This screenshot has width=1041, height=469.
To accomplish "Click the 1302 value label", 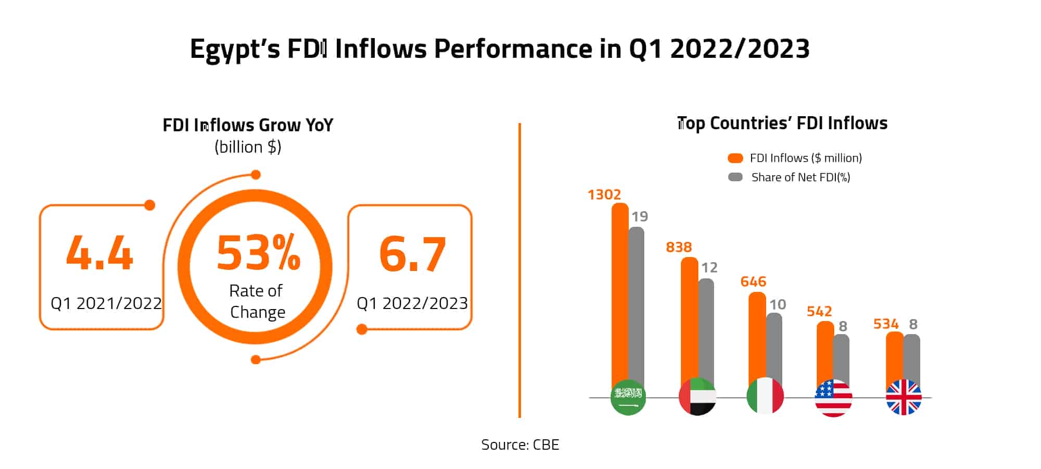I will (604, 194).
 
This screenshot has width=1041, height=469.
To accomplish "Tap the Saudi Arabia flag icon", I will (628, 397).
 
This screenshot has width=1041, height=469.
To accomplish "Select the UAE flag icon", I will (697, 397).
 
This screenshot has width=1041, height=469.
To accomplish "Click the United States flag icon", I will (833, 398).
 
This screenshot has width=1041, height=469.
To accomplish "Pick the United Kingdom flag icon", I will (904, 397).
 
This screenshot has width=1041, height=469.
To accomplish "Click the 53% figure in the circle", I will (258, 253).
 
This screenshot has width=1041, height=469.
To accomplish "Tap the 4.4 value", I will (99, 254).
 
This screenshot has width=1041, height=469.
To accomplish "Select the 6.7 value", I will (412, 255).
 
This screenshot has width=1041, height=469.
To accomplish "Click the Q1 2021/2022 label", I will (106, 303).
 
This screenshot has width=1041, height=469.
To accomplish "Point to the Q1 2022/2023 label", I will (412, 303).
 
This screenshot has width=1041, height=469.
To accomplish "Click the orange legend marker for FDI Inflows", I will (735, 158).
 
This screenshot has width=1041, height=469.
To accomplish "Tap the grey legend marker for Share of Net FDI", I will (735, 177).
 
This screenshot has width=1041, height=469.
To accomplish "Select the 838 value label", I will (678, 247).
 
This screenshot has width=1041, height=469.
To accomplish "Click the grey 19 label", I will (640, 216).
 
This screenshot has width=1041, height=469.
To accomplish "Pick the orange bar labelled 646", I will (757, 339).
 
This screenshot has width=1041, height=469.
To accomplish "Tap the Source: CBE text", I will (519, 445).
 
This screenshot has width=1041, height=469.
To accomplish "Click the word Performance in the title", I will (513, 49).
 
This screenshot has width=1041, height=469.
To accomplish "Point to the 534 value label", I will (885, 324).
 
